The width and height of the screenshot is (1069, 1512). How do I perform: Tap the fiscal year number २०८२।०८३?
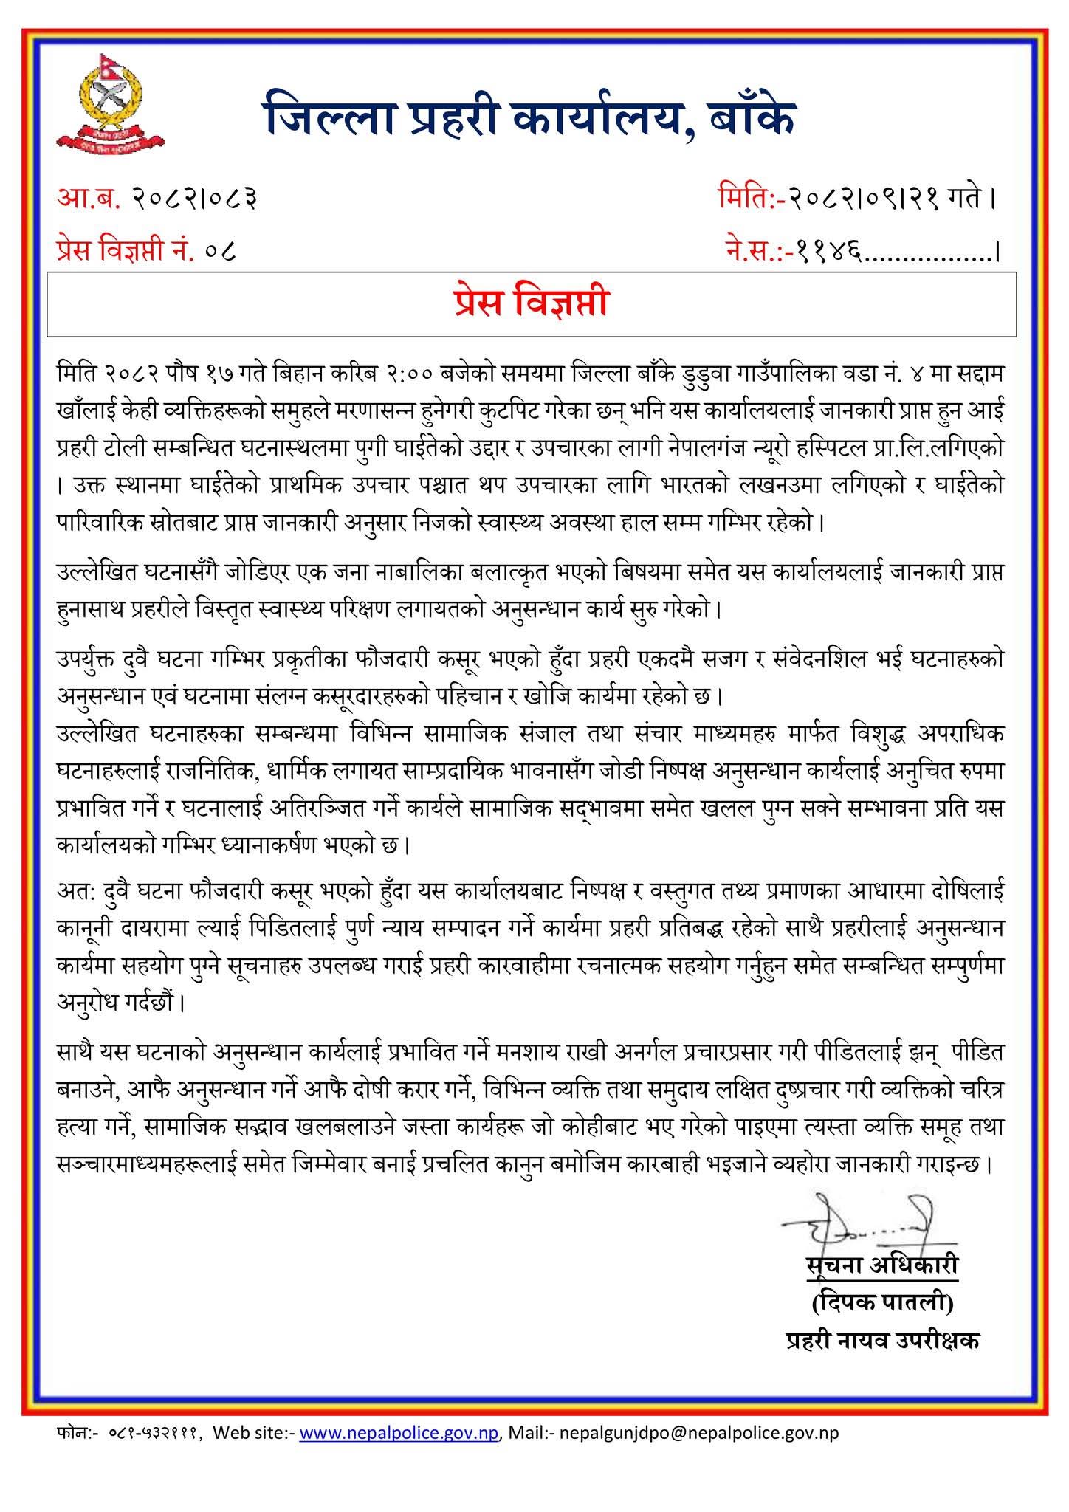point(194,199)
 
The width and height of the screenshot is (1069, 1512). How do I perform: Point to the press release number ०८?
point(222,251)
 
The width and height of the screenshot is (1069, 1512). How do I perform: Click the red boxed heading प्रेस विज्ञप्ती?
point(532,303)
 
